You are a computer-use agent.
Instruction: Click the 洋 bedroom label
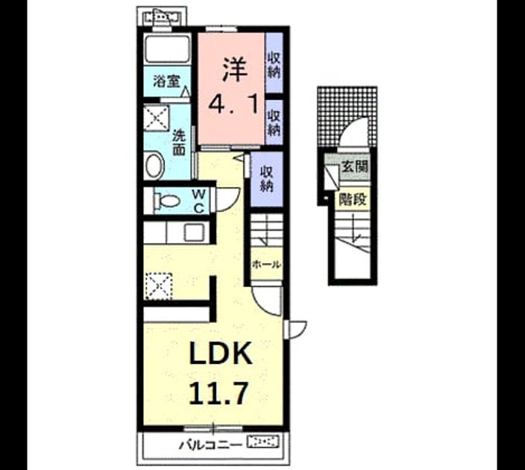pyautogui.click(x=235, y=69)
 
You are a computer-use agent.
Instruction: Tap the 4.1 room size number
pyautogui.click(x=233, y=104)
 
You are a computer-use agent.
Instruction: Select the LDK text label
pyautogui.click(x=221, y=353)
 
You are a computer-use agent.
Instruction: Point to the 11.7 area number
pyautogui.click(x=219, y=393)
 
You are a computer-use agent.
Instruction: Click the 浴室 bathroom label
pyautogui.click(x=166, y=81)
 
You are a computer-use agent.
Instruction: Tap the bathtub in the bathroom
pyautogui.click(x=167, y=48)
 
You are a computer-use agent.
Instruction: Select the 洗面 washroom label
pyautogui.click(x=179, y=143)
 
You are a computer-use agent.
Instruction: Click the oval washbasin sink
pyautogui.click(x=154, y=166)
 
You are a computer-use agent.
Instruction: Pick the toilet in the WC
pyautogui.click(x=166, y=201)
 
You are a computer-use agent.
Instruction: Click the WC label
pyautogui.click(x=198, y=201)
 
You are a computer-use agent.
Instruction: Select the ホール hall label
pyautogui.click(x=266, y=265)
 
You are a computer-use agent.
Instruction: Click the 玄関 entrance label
pyautogui.click(x=354, y=166)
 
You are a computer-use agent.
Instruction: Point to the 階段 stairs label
pyautogui.click(x=352, y=200)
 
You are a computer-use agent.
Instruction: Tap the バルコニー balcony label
pyautogui.click(x=210, y=445)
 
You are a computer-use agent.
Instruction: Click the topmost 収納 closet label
pyautogui.click(x=274, y=66)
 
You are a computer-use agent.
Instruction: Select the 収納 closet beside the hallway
pyautogui.click(x=267, y=179)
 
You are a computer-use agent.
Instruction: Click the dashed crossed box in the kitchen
pyautogui.click(x=158, y=286)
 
